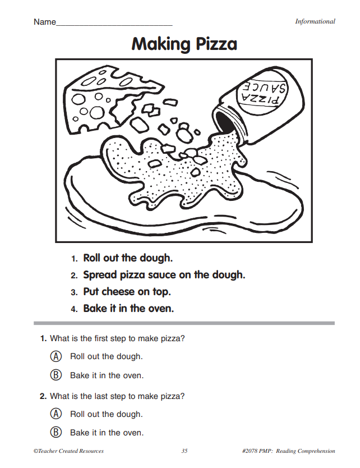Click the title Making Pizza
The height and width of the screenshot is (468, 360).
coord(184,44)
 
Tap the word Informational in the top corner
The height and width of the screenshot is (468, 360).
coord(315,21)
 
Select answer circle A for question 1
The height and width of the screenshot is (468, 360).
coord(56,356)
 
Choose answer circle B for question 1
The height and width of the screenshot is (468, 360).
coord(56,375)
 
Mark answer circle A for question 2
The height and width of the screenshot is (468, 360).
coord(56,414)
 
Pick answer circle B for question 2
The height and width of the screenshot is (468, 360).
coord(56,433)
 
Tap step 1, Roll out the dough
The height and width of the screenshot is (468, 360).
coord(127,258)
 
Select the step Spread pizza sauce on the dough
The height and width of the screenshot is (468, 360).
coord(164,275)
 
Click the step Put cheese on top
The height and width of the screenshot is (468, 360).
coord(127,292)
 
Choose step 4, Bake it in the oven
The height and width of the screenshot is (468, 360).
coord(128,309)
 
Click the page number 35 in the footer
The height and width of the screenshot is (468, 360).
coord(185,451)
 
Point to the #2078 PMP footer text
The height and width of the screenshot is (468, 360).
coord(288,451)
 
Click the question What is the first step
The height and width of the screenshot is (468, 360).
coord(117,338)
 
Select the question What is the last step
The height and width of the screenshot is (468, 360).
coord(117,396)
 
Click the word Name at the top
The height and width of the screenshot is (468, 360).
coord(44,22)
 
